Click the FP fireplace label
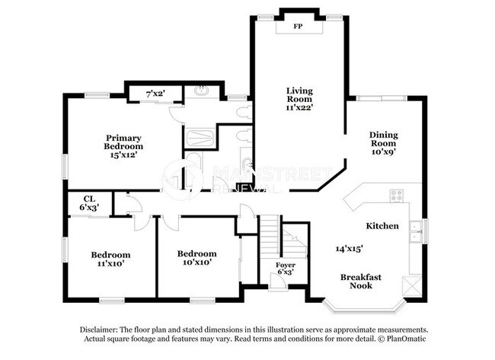[x=300, y=25]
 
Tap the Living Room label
[x=300, y=94]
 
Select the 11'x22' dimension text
[x=300, y=108]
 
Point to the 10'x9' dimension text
[x=384, y=151]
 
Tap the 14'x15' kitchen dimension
[x=349, y=248]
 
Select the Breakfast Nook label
[x=361, y=281]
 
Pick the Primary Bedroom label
[x=124, y=142]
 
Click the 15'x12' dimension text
[x=124, y=155]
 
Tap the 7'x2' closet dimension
[x=155, y=94]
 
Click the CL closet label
[x=89, y=199]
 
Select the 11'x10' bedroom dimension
[x=110, y=263]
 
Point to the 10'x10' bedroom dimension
[x=196, y=262]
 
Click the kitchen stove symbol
[x=396, y=195]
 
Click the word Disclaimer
[x=101, y=329]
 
